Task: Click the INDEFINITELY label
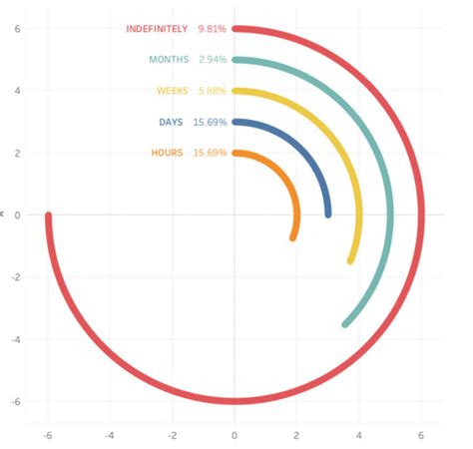[156, 29]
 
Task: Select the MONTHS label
[168, 60]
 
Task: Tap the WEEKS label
[172, 91]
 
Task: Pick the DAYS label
[171, 122]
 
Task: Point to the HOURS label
[167, 153]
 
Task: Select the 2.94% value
[212, 60]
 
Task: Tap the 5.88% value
[212, 91]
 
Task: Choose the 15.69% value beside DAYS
[210, 122]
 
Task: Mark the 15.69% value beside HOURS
[210, 153]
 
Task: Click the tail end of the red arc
[48, 216]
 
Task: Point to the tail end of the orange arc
[292, 237]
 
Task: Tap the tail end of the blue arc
[328, 215]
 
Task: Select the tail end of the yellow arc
[350, 260]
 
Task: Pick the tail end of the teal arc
[345, 324]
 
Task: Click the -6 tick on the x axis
[48, 435]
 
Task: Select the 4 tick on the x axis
[359, 435]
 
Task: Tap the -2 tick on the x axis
[173, 435]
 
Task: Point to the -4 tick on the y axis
[17, 339]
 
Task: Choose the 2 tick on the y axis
[17, 153]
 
